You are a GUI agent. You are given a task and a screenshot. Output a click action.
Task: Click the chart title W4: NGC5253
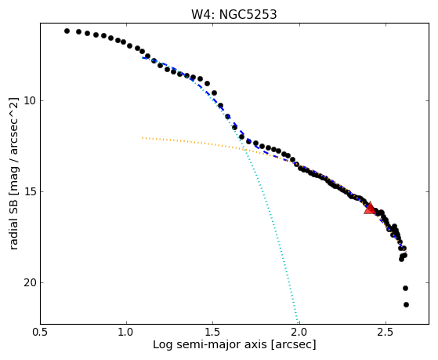click(x=233, y=14)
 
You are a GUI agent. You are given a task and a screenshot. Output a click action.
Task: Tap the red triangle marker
click(x=370, y=208)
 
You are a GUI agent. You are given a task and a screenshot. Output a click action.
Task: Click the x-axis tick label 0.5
click(x=41, y=333)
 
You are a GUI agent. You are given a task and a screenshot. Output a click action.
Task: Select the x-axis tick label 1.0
click(x=126, y=333)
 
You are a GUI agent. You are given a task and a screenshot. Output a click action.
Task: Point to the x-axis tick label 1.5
click(x=213, y=333)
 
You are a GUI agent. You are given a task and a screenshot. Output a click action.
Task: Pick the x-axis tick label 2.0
click(x=299, y=333)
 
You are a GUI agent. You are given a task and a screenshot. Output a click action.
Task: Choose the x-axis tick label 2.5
click(x=386, y=333)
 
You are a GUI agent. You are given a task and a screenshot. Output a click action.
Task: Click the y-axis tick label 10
click(x=30, y=100)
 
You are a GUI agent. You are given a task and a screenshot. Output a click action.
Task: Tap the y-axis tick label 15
click(x=30, y=191)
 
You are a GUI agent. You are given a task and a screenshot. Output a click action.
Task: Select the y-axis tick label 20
click(x=30, y=283)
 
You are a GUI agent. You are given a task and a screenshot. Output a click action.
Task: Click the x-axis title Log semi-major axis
click(x=210, y=344)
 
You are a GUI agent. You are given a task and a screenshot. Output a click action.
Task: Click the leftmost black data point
click(x=67, y=31)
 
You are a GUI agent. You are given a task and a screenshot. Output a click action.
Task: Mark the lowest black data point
click(x=406, y=304)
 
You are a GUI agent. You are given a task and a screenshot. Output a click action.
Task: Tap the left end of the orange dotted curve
click(x=142, y=137)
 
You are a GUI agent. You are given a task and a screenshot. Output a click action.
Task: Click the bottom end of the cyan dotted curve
click(x=298, y=322)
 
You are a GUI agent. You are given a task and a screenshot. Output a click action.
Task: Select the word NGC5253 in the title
click(x=248, y=14)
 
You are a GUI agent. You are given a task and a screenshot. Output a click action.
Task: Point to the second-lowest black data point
click(x=405, y=288)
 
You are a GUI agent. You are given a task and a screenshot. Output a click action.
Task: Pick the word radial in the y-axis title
click(x=14, y=235)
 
